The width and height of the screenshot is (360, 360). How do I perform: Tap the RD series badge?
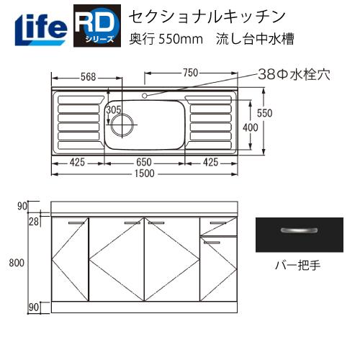pos(96,26)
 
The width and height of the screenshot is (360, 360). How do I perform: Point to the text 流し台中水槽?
pos(255,38)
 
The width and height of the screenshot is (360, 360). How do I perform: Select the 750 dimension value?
pos(189,73)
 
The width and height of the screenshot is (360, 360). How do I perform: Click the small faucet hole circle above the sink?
pos(145,95)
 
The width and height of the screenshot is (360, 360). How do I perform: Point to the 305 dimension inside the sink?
pos(114,109)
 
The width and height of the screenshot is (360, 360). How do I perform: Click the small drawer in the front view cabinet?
pos(217,227)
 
